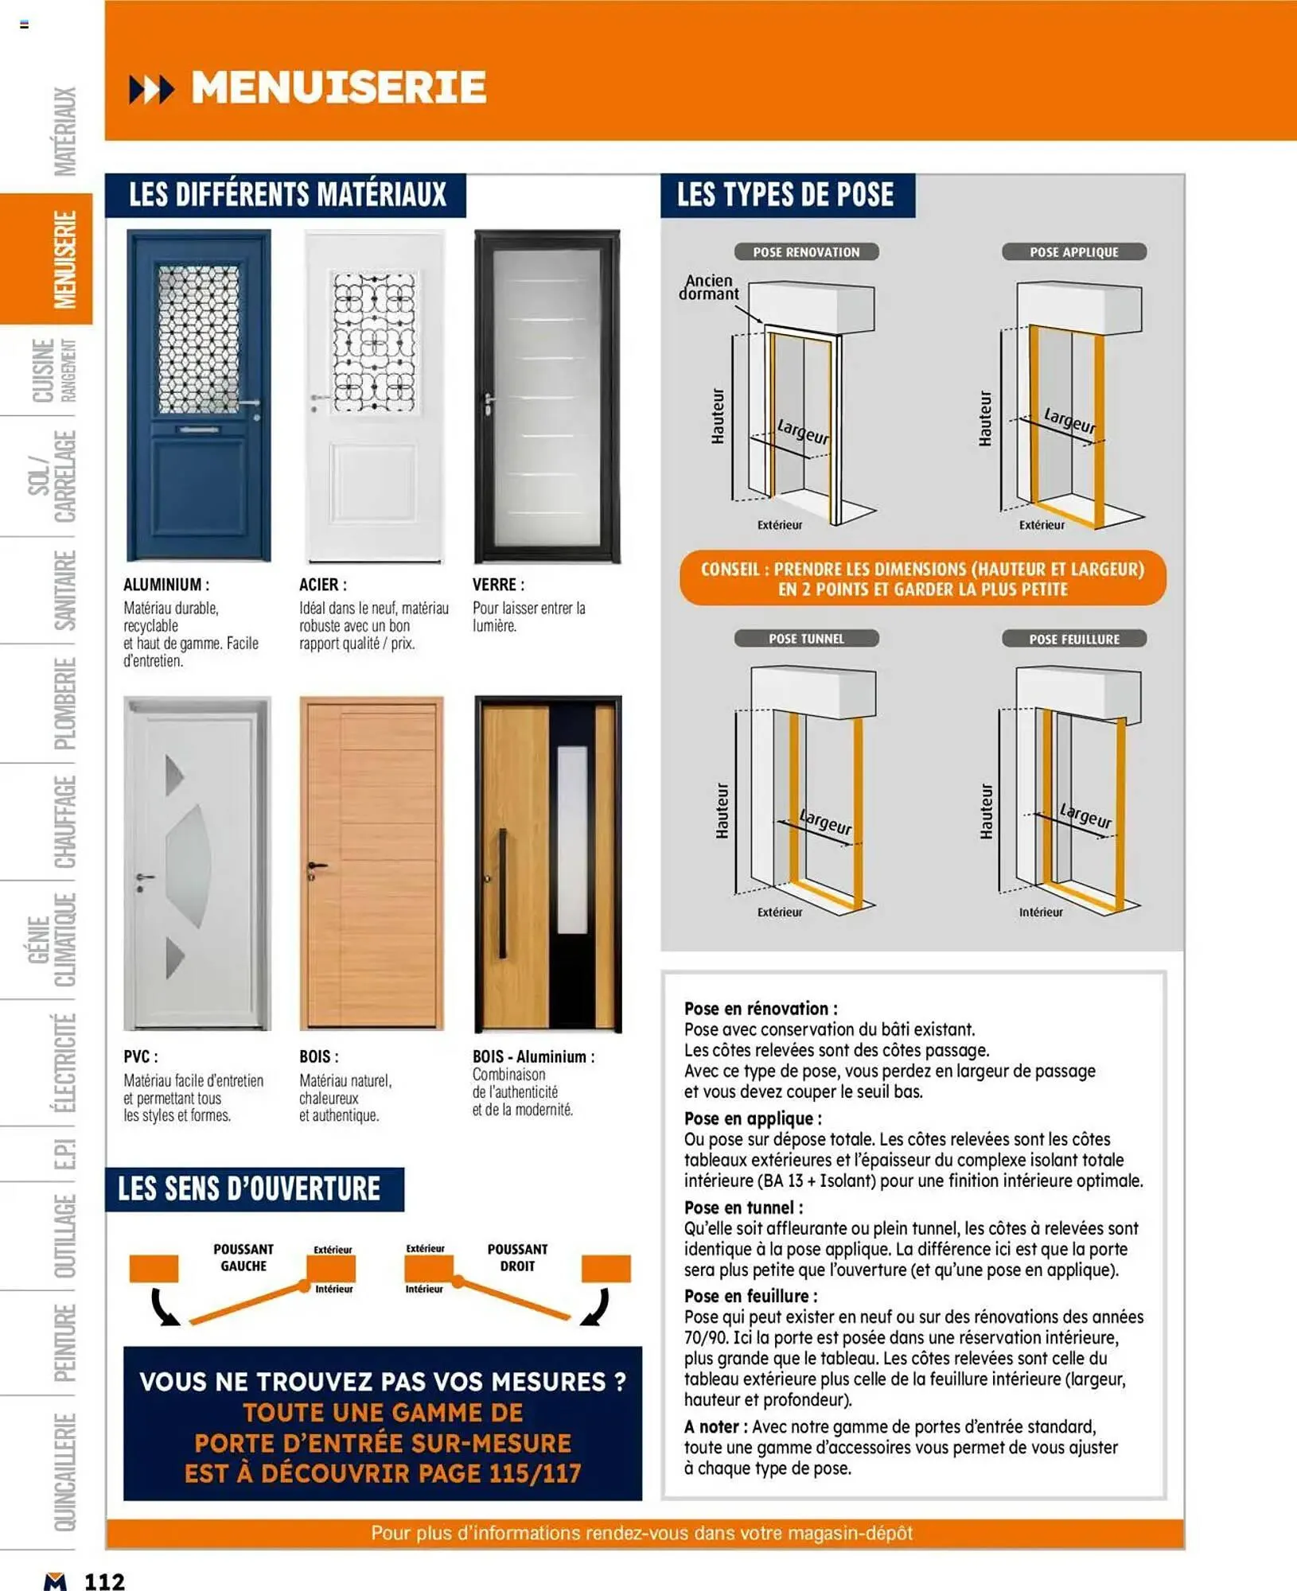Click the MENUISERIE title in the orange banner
click(338, 88)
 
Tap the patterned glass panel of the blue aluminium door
click(198, 340)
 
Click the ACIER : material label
click(323, 585)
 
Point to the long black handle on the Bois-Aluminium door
click(502, 893)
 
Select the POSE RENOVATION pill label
click(806, 252)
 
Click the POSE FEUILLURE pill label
click(1073, 640)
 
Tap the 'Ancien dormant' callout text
click(708, 287)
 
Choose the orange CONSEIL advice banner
click(922, 579)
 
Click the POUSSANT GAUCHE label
click(243, 1258)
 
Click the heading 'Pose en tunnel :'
click(743, 1208)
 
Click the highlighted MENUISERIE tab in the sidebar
click(64, 259)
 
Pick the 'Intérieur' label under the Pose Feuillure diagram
click(1041, 912)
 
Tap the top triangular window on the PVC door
click(173, 776)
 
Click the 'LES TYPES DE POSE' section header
click(785, 196)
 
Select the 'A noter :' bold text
click(715, 1427)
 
